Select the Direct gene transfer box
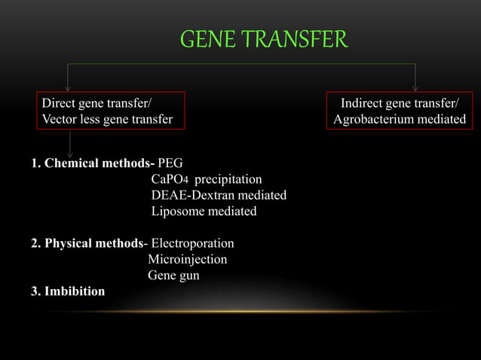[x=106, y=110]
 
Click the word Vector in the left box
[x=59, y=119]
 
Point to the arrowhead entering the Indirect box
[x=415, y=87]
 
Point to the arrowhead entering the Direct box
[x=69, y=87]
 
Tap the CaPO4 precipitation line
[x=207, y=179]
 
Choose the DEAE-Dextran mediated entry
[x=219, y=195]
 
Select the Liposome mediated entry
[x=204, y=211]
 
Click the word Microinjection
[x=187, y=259]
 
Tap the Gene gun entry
[x=173, y=275]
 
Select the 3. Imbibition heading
[x=68, y=291]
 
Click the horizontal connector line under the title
[x=241, y=64]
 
